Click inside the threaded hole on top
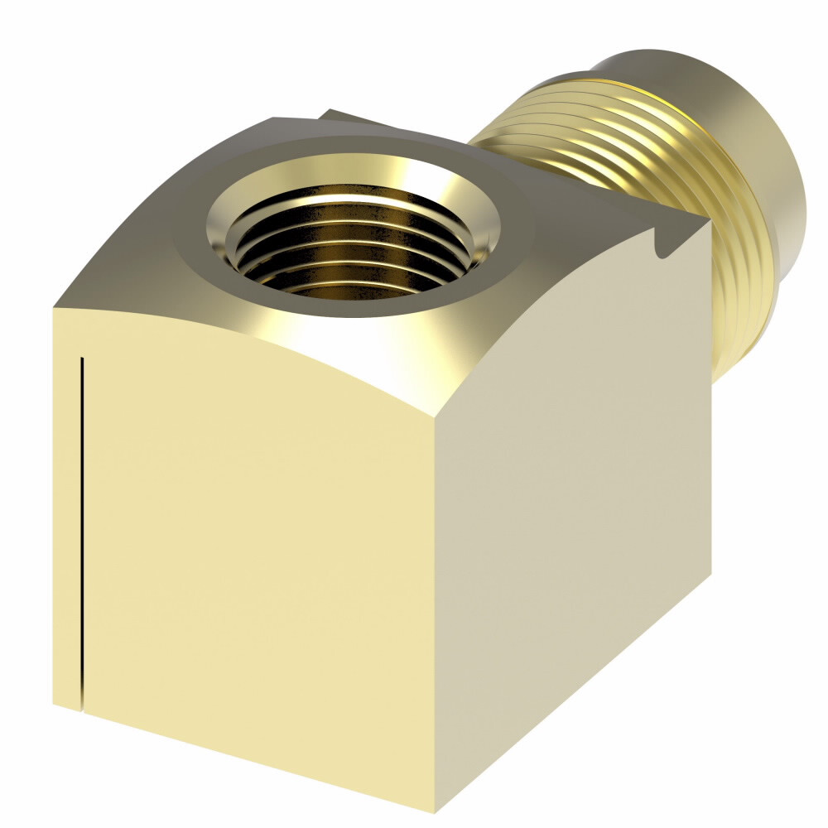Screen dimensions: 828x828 (x=352, y=248)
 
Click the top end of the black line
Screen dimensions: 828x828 (x=81, y=358)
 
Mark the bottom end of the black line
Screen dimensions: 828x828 (x=82, y=710)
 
